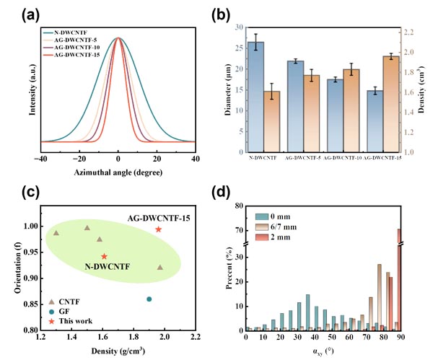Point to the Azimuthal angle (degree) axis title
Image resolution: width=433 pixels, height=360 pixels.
[118, 173]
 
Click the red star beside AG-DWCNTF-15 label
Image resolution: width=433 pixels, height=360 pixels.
[159, 229]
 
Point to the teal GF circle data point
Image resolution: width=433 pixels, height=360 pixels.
[149, 299]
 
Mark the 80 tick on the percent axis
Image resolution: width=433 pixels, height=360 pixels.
[239, 206]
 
